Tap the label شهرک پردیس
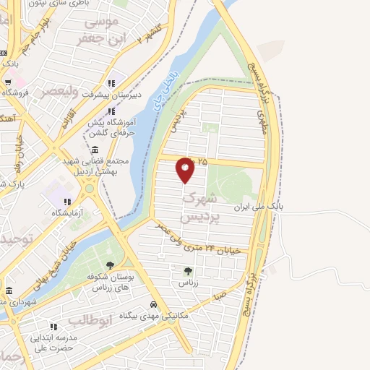point(198,206)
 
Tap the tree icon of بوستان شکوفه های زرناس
point(110,265)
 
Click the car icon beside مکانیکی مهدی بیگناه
point(153,304)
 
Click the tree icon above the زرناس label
point(189,271)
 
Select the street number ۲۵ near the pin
point(202,162)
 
